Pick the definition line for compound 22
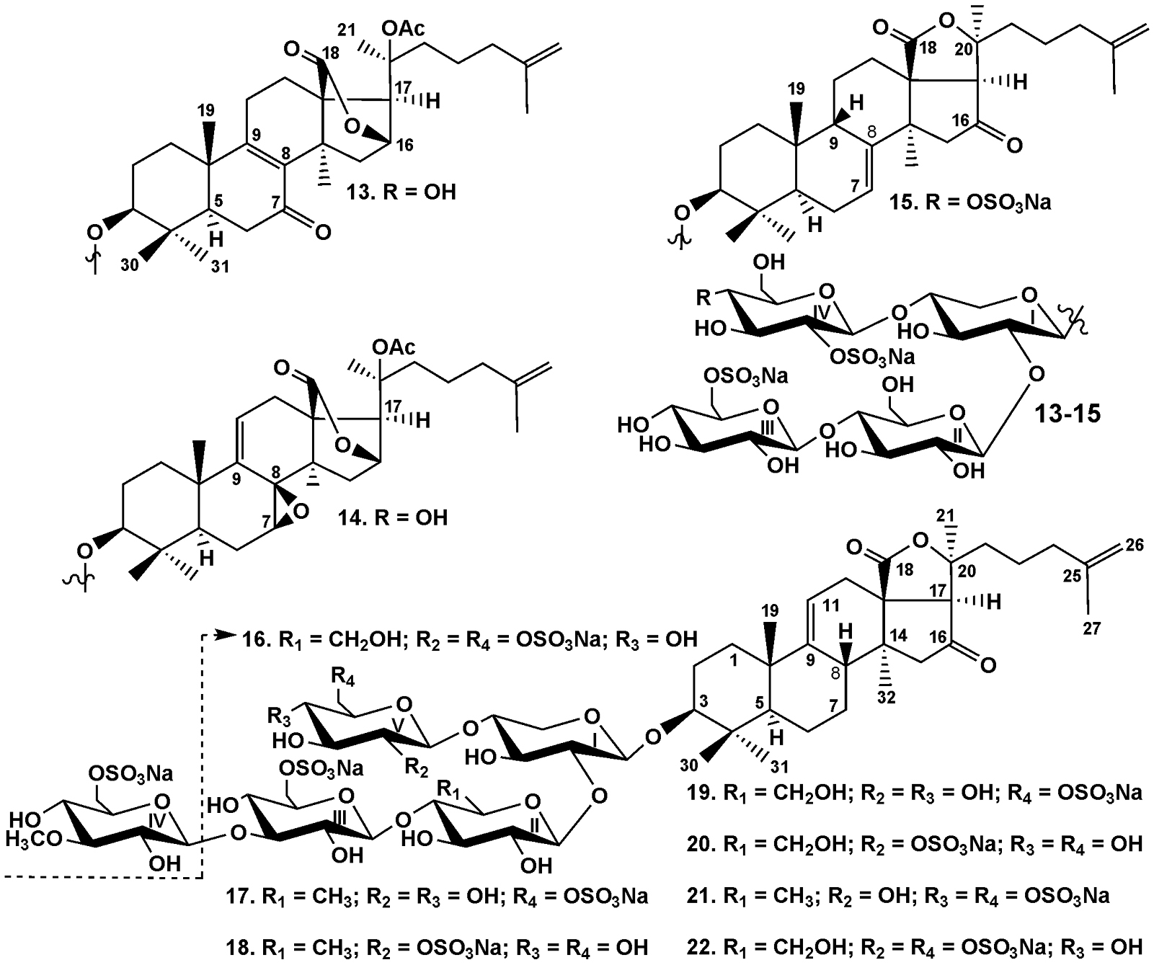click(914, 945)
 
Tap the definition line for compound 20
click(914, 842)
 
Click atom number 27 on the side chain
click(1092, 628)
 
